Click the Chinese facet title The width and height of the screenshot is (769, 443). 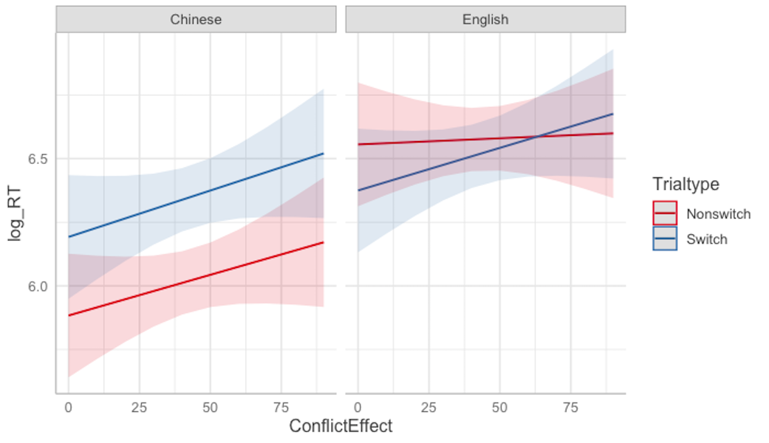[x=196, y=20]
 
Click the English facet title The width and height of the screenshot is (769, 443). [x=485, y=20]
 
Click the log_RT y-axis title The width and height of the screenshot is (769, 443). [x=14, y=221]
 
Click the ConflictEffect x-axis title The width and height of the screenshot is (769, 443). [x=341, y=427]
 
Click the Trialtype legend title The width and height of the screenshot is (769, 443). [x=686, y=184]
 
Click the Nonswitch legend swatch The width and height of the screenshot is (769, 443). [x=665, y=213]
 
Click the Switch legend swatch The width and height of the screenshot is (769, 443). [x=665, y=238]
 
